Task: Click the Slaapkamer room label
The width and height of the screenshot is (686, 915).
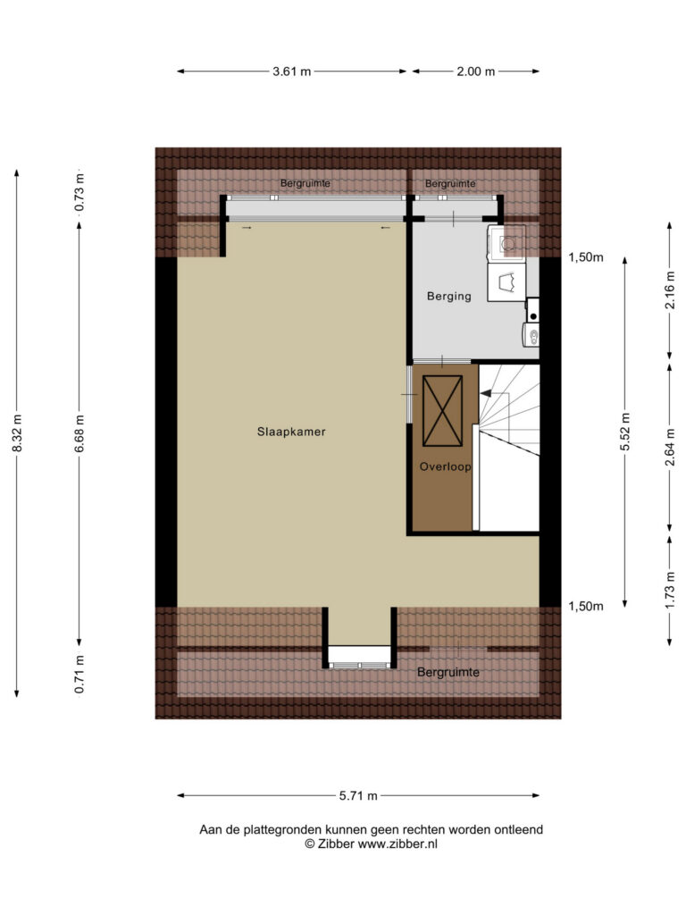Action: (x=291, y=432)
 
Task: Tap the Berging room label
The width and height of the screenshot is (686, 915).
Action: (x=448, y=296)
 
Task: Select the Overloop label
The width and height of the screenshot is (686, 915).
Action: (x=445, y=466)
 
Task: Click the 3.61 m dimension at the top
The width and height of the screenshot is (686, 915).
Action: (x=292, y=71)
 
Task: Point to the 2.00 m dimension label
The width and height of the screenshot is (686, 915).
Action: (x=475, y=71)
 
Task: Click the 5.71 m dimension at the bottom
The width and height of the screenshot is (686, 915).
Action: (x=358, y=795)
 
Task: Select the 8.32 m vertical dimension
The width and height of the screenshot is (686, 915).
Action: (x=18, y=433)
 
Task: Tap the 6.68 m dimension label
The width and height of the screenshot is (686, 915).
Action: (x=79, y=433)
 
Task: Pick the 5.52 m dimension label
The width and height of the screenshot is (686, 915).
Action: (x=625, y=432)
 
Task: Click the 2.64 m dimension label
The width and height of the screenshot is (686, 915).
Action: (x=670, y=447)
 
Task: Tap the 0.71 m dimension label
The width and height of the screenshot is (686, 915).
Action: (x=79, y=675)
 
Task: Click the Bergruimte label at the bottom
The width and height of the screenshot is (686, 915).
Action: (x=448, y=672)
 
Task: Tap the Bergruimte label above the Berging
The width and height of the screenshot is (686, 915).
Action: (x=450, y=184)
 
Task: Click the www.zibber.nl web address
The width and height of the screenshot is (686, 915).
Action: (x=397, y=844)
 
